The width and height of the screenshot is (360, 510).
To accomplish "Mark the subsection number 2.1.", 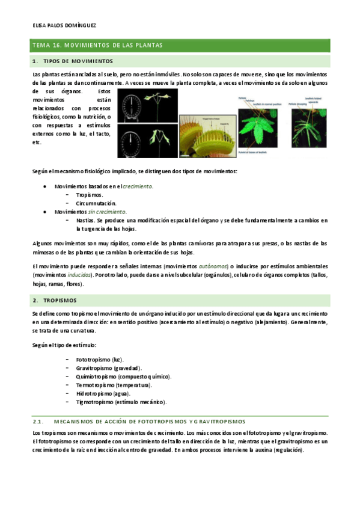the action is tap(38, 421).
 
